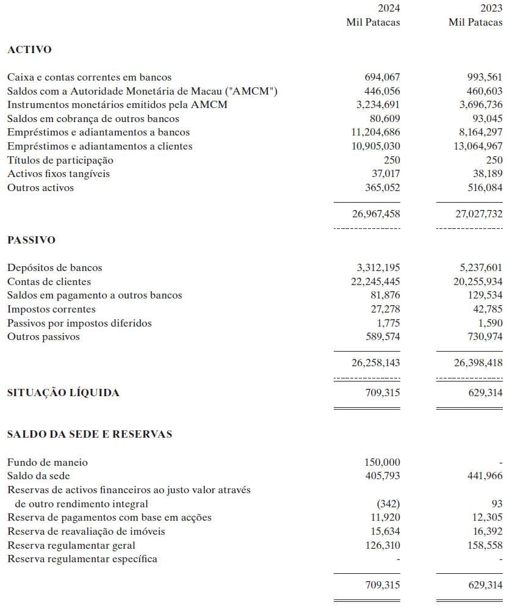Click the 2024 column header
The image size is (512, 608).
tap(389, 9)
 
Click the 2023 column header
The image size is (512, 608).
tap(491, 9)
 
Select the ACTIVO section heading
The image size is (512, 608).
tap(29, 50)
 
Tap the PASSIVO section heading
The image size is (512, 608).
tap(31, 240)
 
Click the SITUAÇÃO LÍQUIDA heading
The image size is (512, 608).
tap(63, 393)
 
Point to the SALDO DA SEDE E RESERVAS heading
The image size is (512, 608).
tap(90, 435)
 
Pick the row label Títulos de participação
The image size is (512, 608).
tap(60, 161)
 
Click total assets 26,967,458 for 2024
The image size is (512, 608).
tap(376, 215)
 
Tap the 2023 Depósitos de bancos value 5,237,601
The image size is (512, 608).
tap(480, 268)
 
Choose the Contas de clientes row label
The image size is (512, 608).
tap(49, 282)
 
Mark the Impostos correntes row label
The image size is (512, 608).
tap(51, 309)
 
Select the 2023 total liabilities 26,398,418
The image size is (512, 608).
tap(478, 363)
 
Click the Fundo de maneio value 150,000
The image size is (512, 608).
tap(383, 463)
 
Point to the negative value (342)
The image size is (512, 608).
tap(388, 504)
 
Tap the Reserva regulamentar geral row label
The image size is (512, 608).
tap(71, 546)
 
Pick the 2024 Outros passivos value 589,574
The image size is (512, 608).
tap(383, 337)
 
